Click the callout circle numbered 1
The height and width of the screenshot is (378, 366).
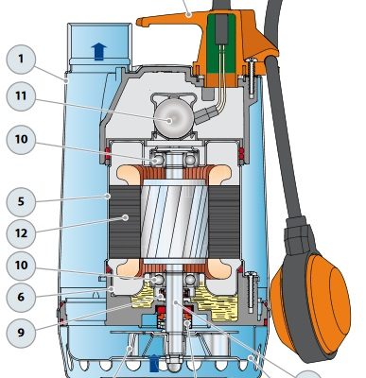21,60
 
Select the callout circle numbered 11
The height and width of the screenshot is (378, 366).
21,95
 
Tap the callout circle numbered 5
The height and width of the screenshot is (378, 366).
21,201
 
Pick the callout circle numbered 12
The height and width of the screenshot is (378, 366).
21,233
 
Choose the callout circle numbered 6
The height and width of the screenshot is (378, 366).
21,297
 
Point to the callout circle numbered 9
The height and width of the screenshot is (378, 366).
21,332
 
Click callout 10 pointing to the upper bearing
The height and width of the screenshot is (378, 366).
21,139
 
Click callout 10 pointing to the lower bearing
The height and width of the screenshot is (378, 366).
21,266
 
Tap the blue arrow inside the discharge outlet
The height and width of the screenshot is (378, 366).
98,51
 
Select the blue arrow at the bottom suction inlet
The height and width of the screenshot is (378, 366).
154,363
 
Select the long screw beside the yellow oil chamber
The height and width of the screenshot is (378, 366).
252,291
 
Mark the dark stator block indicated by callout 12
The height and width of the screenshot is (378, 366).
125,221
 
